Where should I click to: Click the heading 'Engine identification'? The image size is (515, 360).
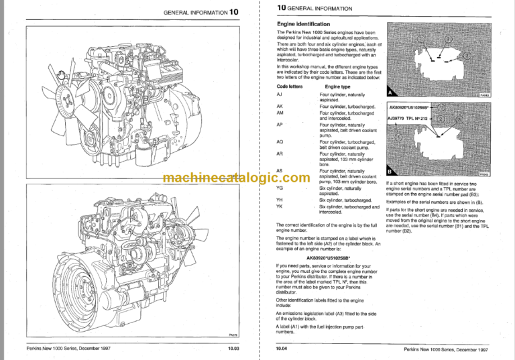304,23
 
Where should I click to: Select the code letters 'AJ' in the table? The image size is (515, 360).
279,95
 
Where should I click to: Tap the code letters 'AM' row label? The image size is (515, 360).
280,113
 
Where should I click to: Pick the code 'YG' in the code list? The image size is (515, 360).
280,188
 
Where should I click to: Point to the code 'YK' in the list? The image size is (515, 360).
280,206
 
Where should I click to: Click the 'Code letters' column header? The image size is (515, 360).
289,86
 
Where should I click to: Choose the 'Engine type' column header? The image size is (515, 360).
337,86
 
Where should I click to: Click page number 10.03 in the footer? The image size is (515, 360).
233,350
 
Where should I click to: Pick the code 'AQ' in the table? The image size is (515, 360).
280,141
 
